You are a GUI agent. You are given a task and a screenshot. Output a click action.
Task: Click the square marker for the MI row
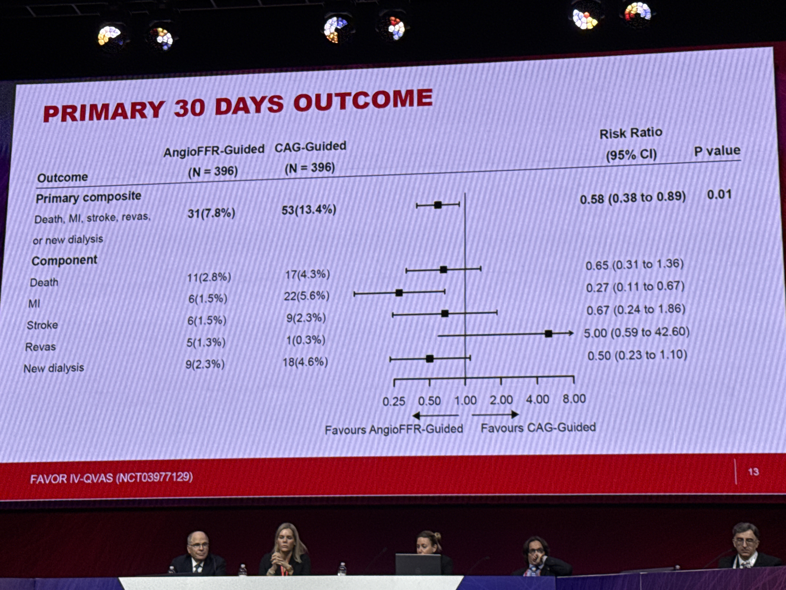[x=399, y=293]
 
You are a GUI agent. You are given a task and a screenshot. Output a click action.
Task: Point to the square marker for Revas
[x=548, y=334]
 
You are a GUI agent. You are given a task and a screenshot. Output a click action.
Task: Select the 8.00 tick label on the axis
[x=574, y=399]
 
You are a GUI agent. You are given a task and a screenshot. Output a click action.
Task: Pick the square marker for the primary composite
[x=438, y=205]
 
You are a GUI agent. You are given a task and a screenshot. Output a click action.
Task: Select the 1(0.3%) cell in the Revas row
[x=306, y=340]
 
